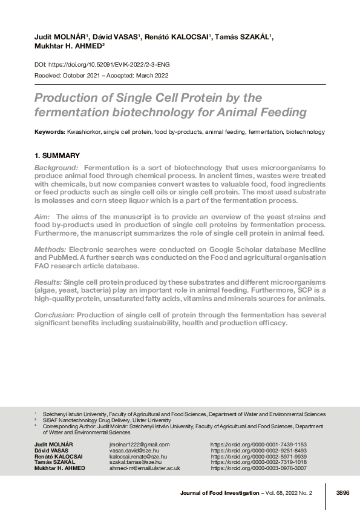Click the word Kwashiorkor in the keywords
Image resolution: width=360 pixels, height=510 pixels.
coord(83,131)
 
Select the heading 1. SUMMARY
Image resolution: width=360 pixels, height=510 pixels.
coord(57,156)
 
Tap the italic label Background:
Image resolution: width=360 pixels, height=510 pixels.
coord(56,167)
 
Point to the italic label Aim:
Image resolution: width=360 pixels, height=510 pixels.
coord(43,216)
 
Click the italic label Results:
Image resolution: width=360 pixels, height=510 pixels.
coord(48,283)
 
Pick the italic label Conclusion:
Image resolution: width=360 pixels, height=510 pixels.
coord(54,316)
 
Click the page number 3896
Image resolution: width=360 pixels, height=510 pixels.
coord(342,493)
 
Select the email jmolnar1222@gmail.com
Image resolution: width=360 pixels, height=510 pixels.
coord(135,444)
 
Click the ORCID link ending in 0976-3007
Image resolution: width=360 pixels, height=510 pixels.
coord(258,468)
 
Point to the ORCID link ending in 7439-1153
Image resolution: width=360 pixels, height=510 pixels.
coord(258,444)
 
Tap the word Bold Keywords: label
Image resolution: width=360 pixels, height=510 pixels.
coord(50,131)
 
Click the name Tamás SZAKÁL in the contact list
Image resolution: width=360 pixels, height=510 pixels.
coord(53,462)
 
